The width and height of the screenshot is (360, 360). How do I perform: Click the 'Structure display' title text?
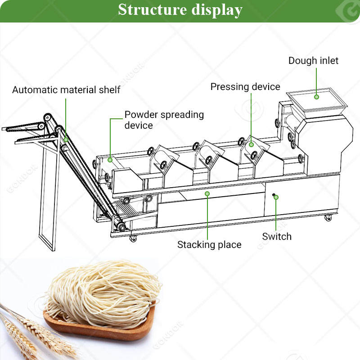pos(180,9)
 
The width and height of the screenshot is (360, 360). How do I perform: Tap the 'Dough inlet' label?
pos(313,60)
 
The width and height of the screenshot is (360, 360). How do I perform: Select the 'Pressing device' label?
pos(245,86)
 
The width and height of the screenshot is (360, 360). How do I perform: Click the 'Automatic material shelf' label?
pos(66,90)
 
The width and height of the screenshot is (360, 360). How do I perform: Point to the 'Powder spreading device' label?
pos(164,119)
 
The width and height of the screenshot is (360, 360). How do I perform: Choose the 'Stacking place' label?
pos(209,245)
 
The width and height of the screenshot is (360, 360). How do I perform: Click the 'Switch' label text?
pos(277,236)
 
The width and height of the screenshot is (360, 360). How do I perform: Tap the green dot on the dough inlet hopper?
pos(316,96)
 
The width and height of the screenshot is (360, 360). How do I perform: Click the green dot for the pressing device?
pos(252,144)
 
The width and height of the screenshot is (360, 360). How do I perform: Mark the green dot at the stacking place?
pos(207,193)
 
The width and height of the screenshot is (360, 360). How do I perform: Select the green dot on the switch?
pos(275,196)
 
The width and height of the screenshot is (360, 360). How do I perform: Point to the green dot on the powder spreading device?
pos(110,159)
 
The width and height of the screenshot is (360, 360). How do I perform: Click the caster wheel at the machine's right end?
pos(328,218)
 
